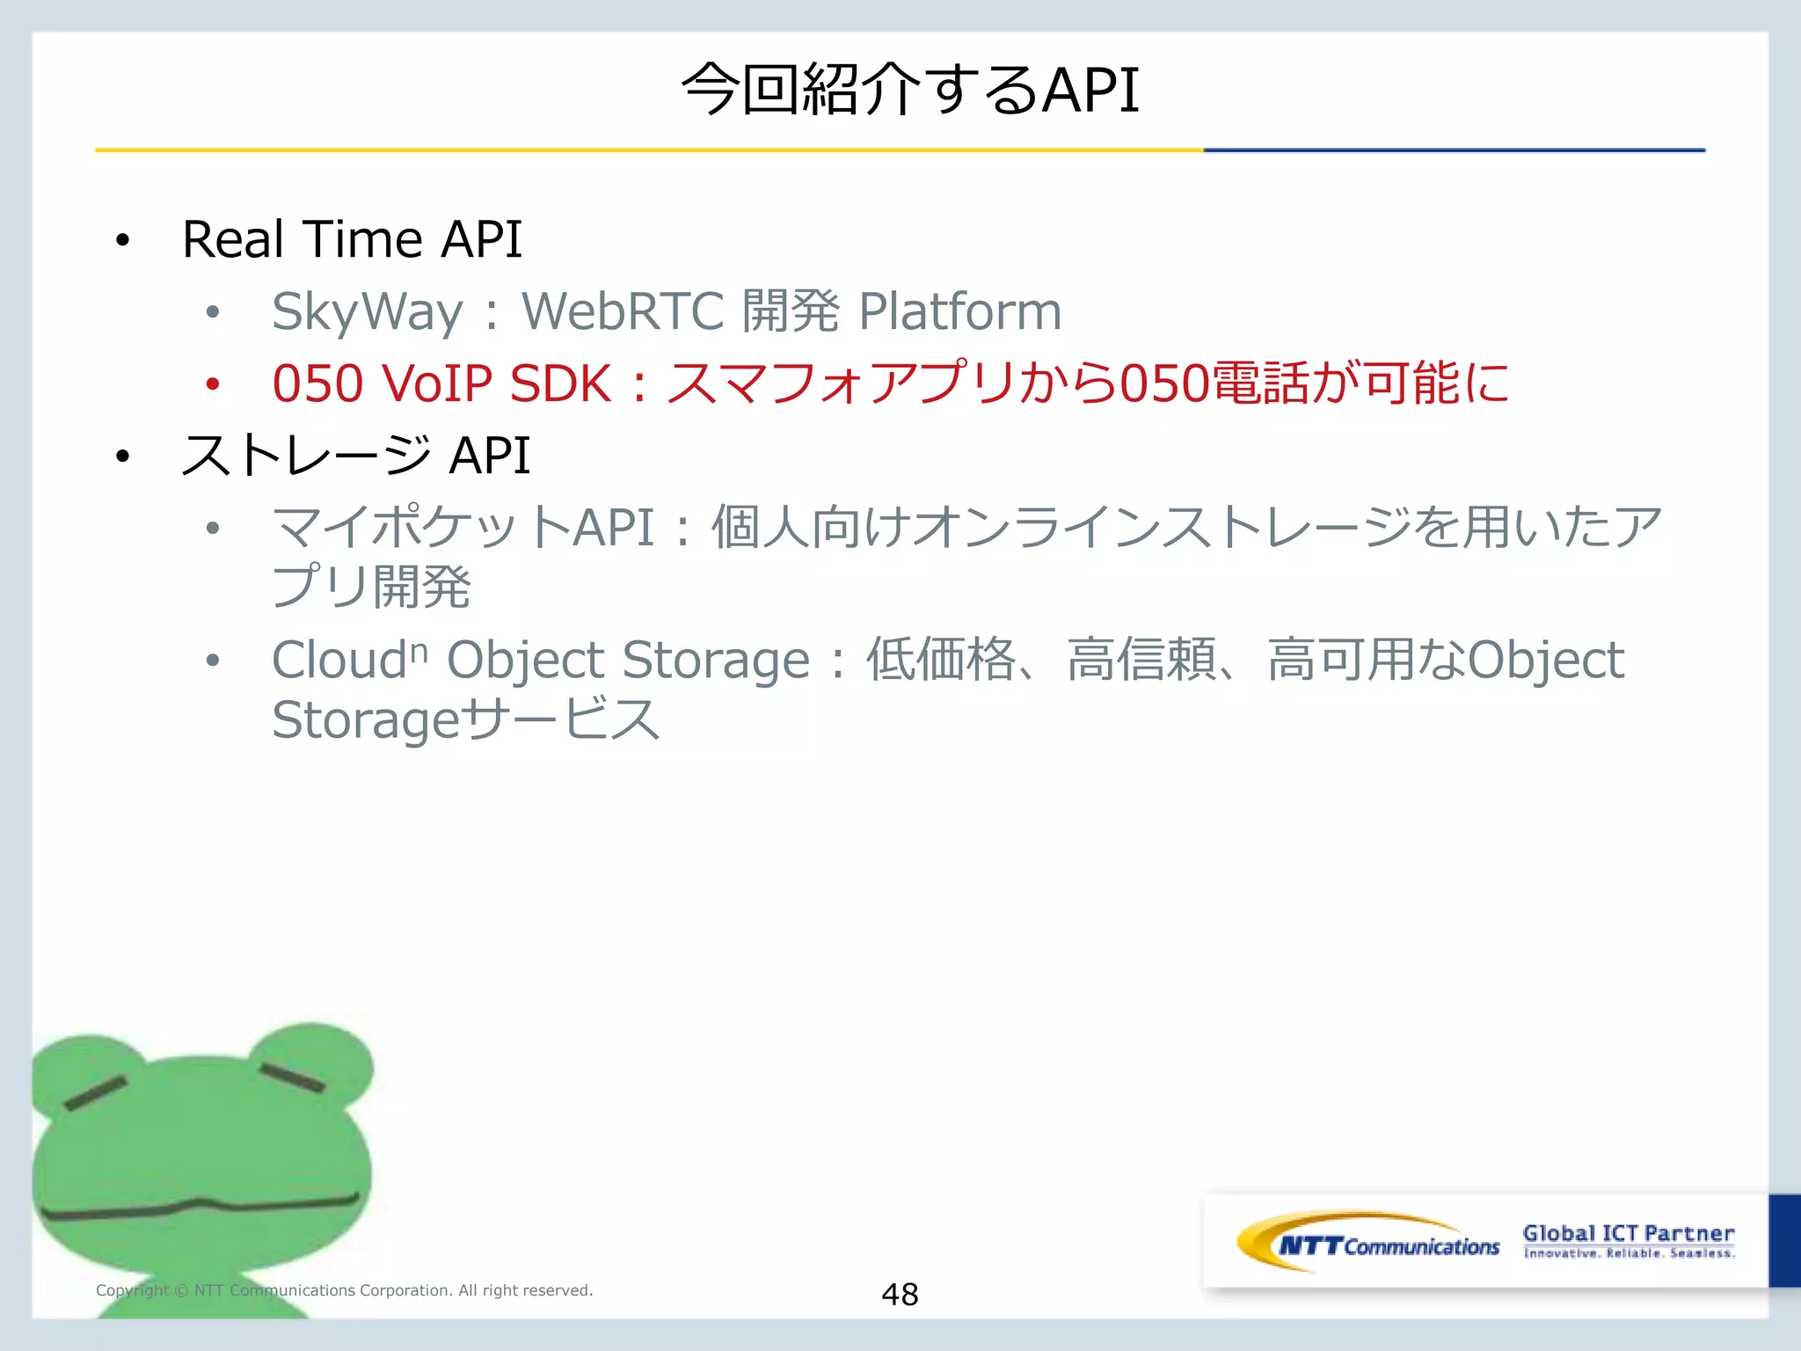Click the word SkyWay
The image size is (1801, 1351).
[x=367, y=311]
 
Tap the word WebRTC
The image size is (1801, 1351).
[x=622, y=311]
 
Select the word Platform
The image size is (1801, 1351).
[x=959, y=311]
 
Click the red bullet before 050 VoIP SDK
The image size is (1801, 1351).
[x=213, y=383]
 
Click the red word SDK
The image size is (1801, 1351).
[x=560, y=383]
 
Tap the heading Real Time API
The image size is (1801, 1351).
[x=352, y=239]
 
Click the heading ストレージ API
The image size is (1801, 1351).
[x=355, y=456]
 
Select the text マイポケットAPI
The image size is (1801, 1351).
[x=463, y=528]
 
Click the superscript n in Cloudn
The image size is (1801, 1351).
[x=419, y=652]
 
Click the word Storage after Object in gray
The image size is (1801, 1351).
[x=715, y=661]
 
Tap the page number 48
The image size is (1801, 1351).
[x=900, y=1294]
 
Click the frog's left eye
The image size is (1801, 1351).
[x=95, y=1093]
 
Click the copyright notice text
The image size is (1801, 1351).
[x=344, y=1290]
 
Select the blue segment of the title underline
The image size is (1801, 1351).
[x=1453, y=150]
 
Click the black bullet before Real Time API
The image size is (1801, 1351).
[x=122, y=240]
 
